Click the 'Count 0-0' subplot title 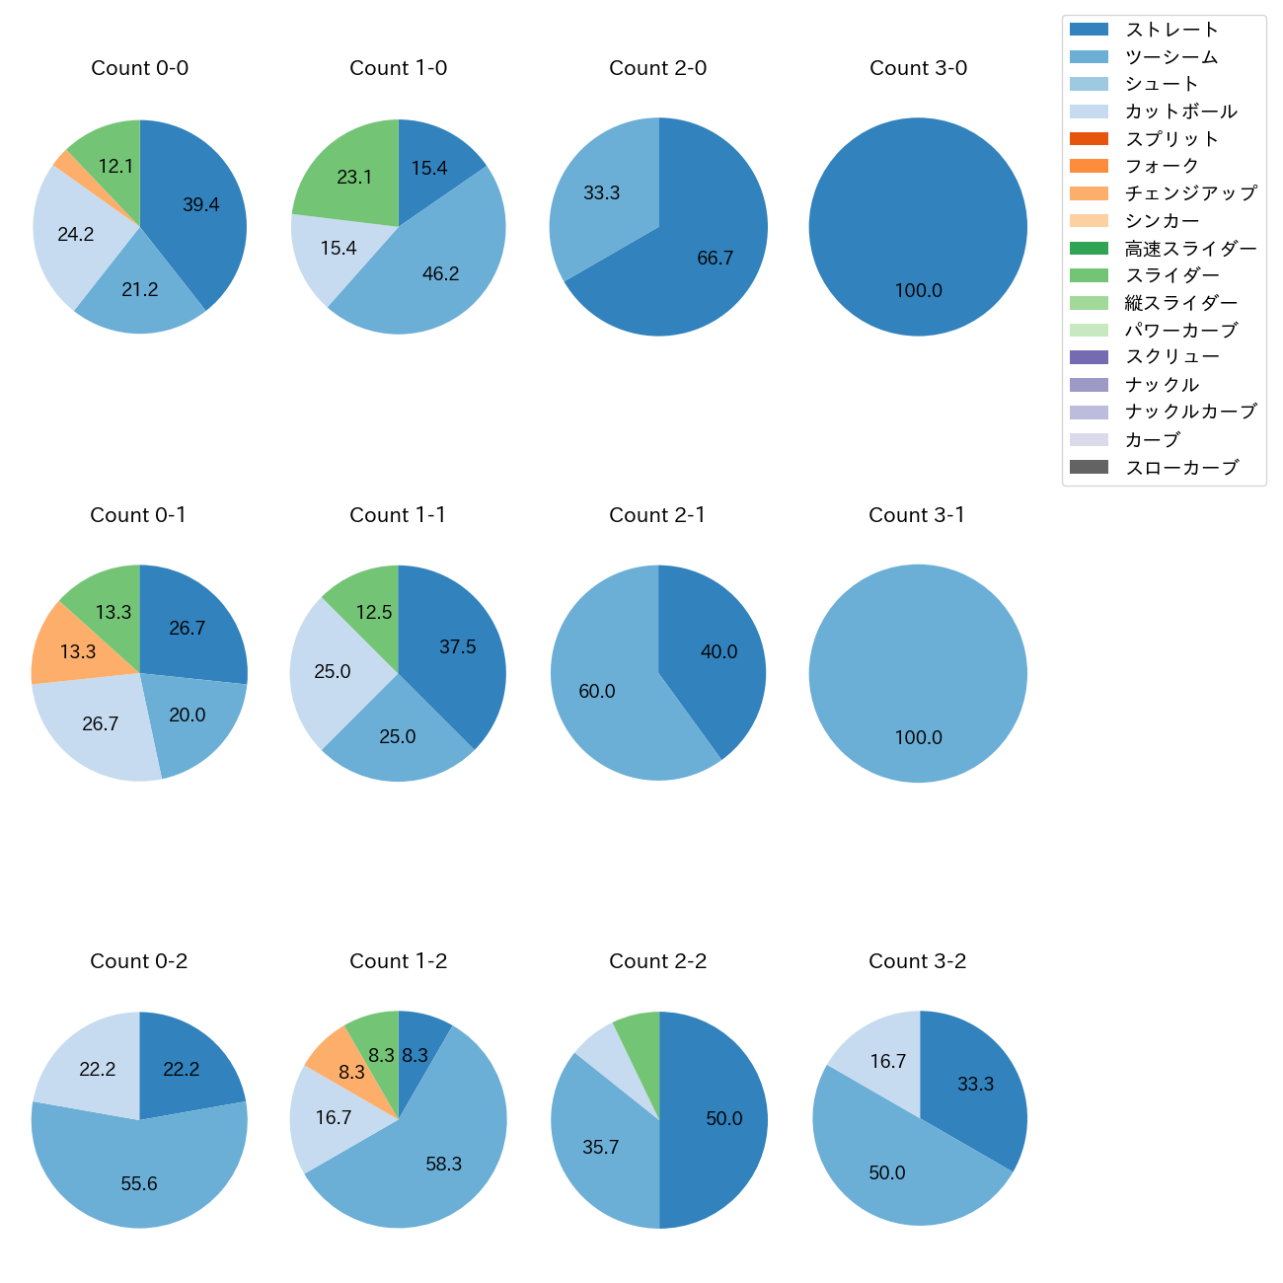pyautogui.click(x=139, y=68)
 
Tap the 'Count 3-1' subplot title pyautogui.click(x=917, y=515)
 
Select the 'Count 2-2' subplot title pyautogui.click(x=657, y=961)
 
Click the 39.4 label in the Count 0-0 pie pyautogui.click(x=200, y=205)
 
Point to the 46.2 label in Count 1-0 pyautogui.click(x=440, y=274)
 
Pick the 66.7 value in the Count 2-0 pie pyautogui.click(x=715, y=259)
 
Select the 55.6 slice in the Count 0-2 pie pyautogui.click(x=139, y=1179)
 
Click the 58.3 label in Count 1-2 pyautogui.click(x=443, y=1165)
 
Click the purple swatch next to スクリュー pyautogui.click(x=1089, y=357)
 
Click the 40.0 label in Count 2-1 pyautogui.click(x=718, y=652)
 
